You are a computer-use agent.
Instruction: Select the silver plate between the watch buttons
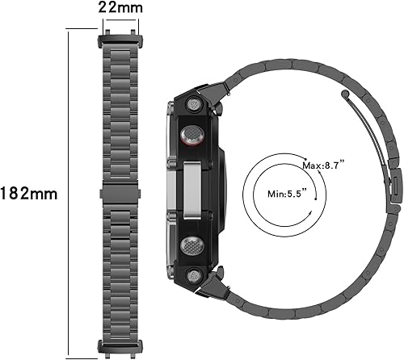pos(191,194)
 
